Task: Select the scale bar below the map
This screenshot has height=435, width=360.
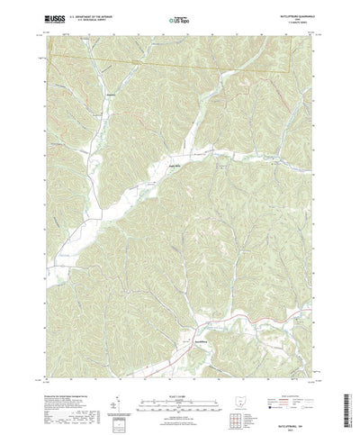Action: (x=179, y=383)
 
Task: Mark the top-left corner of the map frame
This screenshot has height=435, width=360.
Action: (x=42, y=32)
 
